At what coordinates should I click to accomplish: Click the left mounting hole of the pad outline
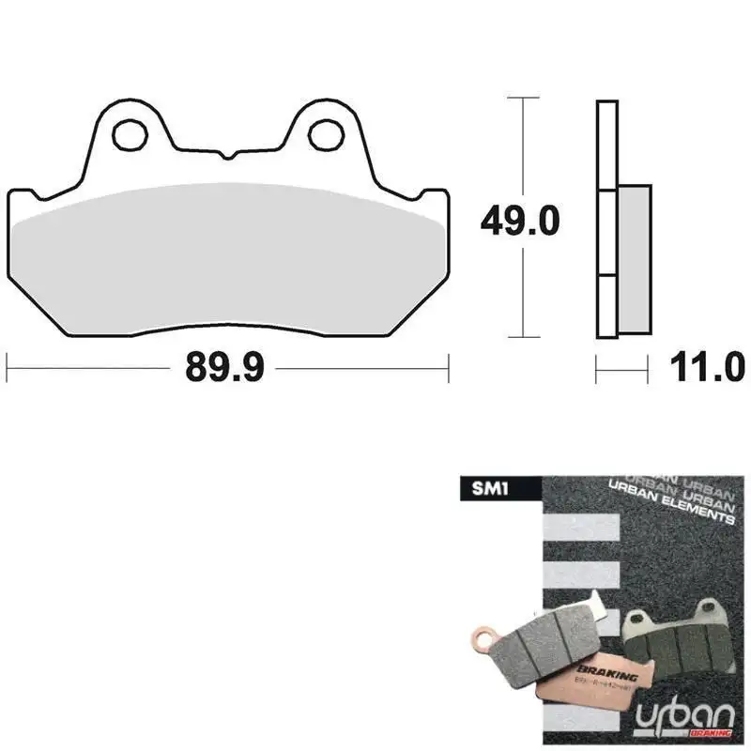(x=130, y=135)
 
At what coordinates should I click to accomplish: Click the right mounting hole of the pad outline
(x=325, y=135)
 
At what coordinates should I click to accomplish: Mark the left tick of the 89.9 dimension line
(x=8, y=368)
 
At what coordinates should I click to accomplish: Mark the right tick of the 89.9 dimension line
(x=449, y=368)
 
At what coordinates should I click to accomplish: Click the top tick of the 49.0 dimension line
(x=523, y=98)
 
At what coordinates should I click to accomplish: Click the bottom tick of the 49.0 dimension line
(x=523, y=336)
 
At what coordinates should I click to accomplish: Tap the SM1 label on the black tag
(x=485, y=487)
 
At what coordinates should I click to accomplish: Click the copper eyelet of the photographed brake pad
(x=483, y=643)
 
